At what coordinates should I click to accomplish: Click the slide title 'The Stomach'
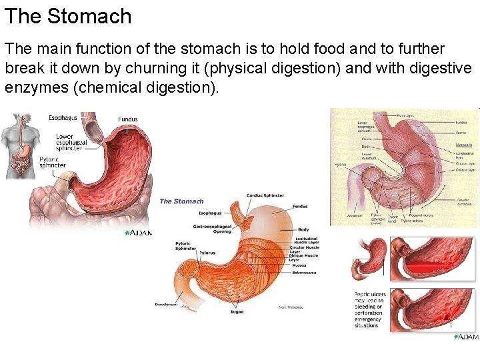(x=68, y=16)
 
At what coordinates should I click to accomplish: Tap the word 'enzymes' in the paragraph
(x=38, y=87)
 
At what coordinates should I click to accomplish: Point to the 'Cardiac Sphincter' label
(x=265, y=195)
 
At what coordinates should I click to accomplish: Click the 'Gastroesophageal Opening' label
(x=211, y=229)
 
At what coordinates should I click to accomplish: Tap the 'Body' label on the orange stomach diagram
(x=303, y=229)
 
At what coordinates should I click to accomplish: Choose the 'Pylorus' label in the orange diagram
(x=189, y=254)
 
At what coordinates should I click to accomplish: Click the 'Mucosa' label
(x=299, y=265)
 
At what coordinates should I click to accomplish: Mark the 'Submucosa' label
(x=303, y=272)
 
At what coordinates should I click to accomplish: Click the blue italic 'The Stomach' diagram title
(x=181, y=201)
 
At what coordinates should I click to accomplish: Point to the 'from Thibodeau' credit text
(x=292, y=307)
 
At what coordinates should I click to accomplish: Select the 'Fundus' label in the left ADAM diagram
(x=128, y=119)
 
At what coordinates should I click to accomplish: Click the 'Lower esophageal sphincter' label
(x=71, y=142)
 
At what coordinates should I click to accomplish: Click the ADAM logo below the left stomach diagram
(x=139, y=233)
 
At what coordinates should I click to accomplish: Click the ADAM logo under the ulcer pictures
(x=466, y=337)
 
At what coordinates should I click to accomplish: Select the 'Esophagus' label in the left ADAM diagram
(x=63, y=118)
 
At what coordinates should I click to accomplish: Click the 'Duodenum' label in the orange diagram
(x=167, y=304)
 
